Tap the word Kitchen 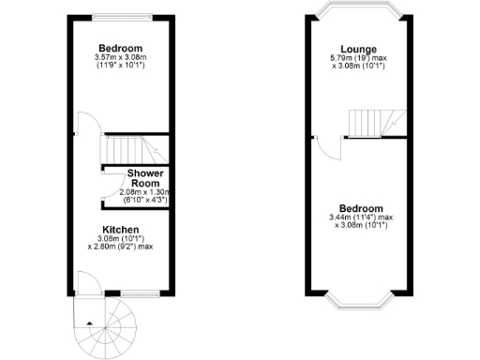tap(121, 230)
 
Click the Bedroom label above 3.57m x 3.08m tap(120, 49)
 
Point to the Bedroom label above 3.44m tap(360, 208)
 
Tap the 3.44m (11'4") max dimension tap(360, 217)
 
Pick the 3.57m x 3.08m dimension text tap(120, 58)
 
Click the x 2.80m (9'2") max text tap(121, 247)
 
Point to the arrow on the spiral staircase tap(89, 322)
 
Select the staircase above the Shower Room tap(128, 150)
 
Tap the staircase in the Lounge tap(373, 122)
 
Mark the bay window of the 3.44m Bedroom tap(360, 301)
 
